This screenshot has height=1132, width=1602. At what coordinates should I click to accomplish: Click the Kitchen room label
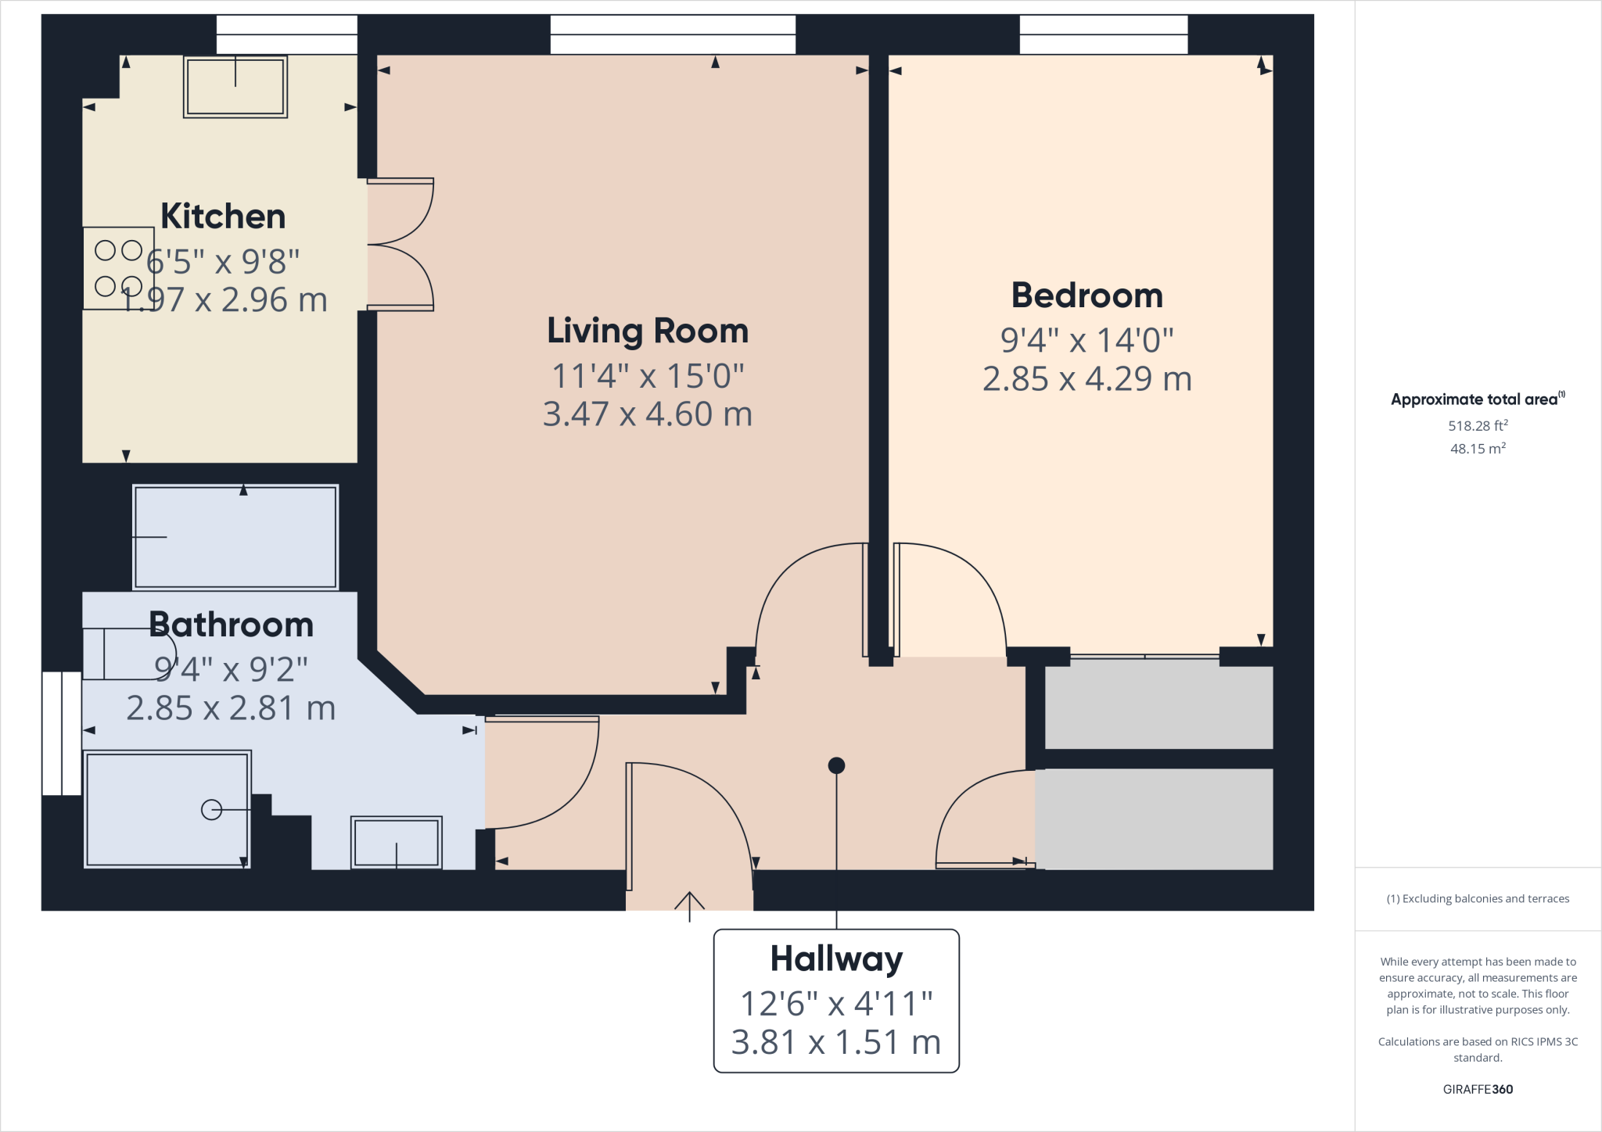[223, 217]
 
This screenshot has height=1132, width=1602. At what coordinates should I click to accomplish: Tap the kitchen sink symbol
[235, 86]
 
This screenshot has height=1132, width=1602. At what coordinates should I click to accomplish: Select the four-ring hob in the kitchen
[118, 268]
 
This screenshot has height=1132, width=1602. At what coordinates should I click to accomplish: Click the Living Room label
[647, 331]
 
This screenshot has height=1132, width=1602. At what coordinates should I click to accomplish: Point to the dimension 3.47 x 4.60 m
[647, 414]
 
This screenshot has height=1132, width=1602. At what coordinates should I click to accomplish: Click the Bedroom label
[1087, 296]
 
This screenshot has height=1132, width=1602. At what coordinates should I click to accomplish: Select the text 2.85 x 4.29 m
[1087, 379]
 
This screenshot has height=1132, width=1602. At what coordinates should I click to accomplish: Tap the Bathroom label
[231, 625]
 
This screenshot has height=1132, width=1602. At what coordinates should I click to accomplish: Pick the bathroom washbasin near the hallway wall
[396, 843]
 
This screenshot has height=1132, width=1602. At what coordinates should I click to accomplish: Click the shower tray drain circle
[211, 810]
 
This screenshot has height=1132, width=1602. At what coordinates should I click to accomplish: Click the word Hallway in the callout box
[835, 958]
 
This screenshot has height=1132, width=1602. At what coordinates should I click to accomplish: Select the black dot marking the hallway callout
[836, 765]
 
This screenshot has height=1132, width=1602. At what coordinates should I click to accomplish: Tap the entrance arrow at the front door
[689, 905]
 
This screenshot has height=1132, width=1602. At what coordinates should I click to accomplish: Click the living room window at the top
[673, 34]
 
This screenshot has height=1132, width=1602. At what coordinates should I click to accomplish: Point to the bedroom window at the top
[1103, 34]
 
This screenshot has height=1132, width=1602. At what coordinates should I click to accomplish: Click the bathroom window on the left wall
[61, 733]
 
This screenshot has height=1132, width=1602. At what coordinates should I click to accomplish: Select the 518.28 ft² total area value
[1477, 426]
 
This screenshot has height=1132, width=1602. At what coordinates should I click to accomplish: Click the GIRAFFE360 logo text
[1477, 1089]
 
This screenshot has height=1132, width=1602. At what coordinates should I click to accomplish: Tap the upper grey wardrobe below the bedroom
[1158, 707]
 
